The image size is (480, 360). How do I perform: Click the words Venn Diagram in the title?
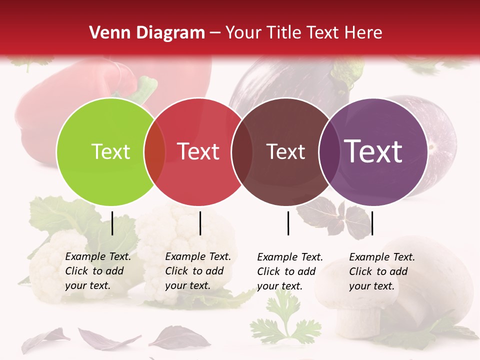147,33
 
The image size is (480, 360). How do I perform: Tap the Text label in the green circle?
110,151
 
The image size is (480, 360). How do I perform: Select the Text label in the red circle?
198,151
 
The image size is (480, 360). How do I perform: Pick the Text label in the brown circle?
285,151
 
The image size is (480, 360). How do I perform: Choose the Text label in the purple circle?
373,151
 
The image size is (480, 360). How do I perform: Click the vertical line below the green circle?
112,223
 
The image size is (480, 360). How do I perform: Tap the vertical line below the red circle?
200,223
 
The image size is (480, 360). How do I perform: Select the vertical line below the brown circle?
288,223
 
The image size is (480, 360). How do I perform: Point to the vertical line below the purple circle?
372,223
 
